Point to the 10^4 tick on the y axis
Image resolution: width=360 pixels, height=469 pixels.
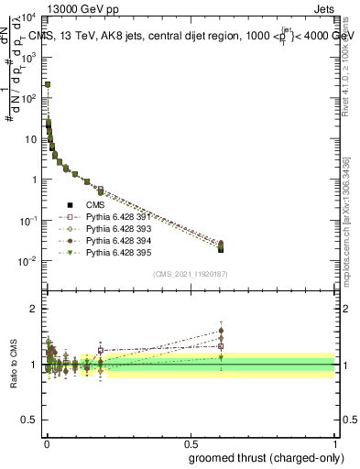(x=29, y=17)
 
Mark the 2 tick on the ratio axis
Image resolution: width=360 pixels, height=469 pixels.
(x=35, y=309)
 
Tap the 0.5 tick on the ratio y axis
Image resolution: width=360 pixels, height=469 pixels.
(x=31, y=420)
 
